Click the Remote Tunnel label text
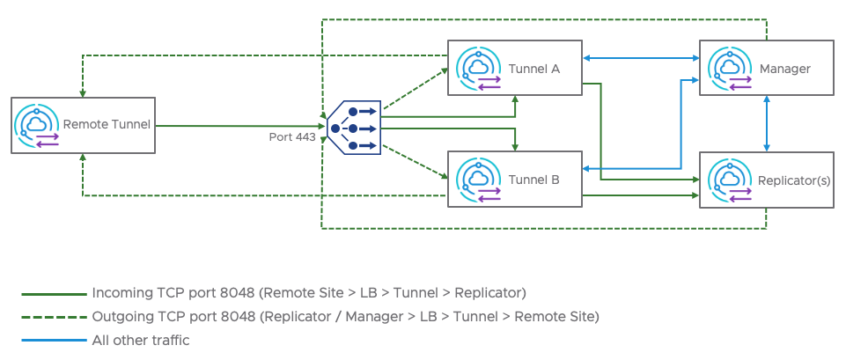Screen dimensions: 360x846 [107, 124]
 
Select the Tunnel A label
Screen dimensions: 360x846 [534, 68]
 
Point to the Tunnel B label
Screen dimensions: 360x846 [534, 180]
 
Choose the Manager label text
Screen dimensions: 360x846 [784, 68]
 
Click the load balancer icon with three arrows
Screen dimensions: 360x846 [354, 129]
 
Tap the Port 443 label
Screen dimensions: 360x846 [292, 137]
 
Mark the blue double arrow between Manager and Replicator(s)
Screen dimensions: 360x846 [768, 123]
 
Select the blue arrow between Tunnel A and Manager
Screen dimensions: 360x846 [641, 59]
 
